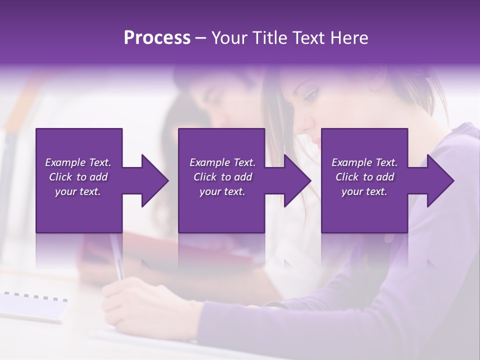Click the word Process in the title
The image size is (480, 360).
(157, 37)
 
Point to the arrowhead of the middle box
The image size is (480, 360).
(296, 180)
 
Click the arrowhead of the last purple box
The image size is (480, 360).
(439, 180)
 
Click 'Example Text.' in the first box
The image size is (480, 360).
(78, 162)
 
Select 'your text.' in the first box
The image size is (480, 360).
(78, 191)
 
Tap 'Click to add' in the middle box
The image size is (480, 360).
(222, 177)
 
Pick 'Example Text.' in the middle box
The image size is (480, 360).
(222, 162)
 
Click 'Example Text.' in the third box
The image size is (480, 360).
(364, 162)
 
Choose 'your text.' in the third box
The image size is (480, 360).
(364, 191)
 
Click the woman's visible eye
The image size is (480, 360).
(310, 94)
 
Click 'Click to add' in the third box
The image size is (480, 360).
(364, 177)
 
